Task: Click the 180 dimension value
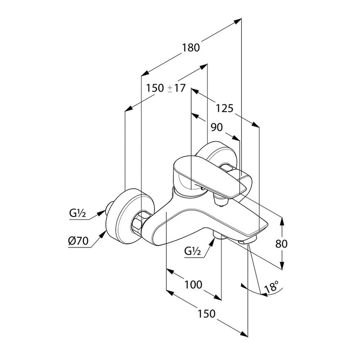[191, 48]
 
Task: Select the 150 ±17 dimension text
[166, 88]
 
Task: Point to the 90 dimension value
[216, 127]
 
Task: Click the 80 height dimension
[282, 244]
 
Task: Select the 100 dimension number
[193, 285]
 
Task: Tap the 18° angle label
[272, 288]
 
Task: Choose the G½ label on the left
[77, 214]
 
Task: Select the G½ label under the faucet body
[192, 251]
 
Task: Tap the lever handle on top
[202, 173]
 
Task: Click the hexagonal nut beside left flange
[139, 223]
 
